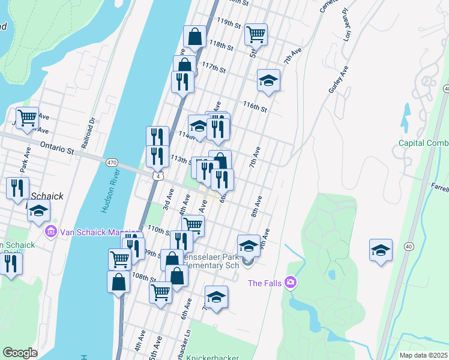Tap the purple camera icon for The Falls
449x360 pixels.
tap(291, 281)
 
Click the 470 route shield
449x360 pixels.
tap(112, 163)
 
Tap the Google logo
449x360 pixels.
tap(20, 353)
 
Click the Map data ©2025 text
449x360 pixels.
tap(424, 355)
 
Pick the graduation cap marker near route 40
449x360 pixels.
tap(381, 250)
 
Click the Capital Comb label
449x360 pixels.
tap(424, 143)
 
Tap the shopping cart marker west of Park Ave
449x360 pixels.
tap(27, 118)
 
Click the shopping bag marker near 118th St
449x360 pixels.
tap(195, 37)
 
